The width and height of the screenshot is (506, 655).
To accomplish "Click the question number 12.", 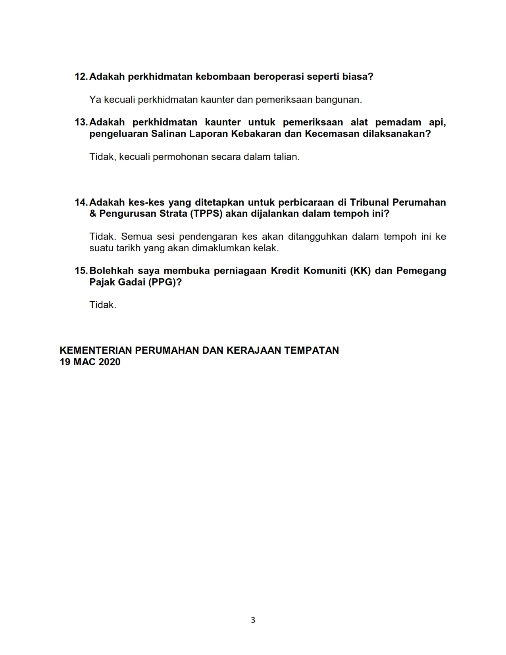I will [81, 77].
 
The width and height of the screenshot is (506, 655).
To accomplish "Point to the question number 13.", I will [81, 122].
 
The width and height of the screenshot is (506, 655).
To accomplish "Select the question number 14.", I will [81, 202].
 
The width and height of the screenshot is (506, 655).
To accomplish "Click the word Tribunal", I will [369, 202].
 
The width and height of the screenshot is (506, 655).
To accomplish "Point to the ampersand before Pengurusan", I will [93, 214].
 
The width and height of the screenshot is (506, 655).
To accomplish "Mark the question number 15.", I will [81, 271].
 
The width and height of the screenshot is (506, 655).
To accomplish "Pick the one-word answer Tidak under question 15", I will [103, 305].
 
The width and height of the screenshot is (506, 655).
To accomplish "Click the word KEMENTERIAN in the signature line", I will [96, 351].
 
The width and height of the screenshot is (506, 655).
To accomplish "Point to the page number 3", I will [253, 620].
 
